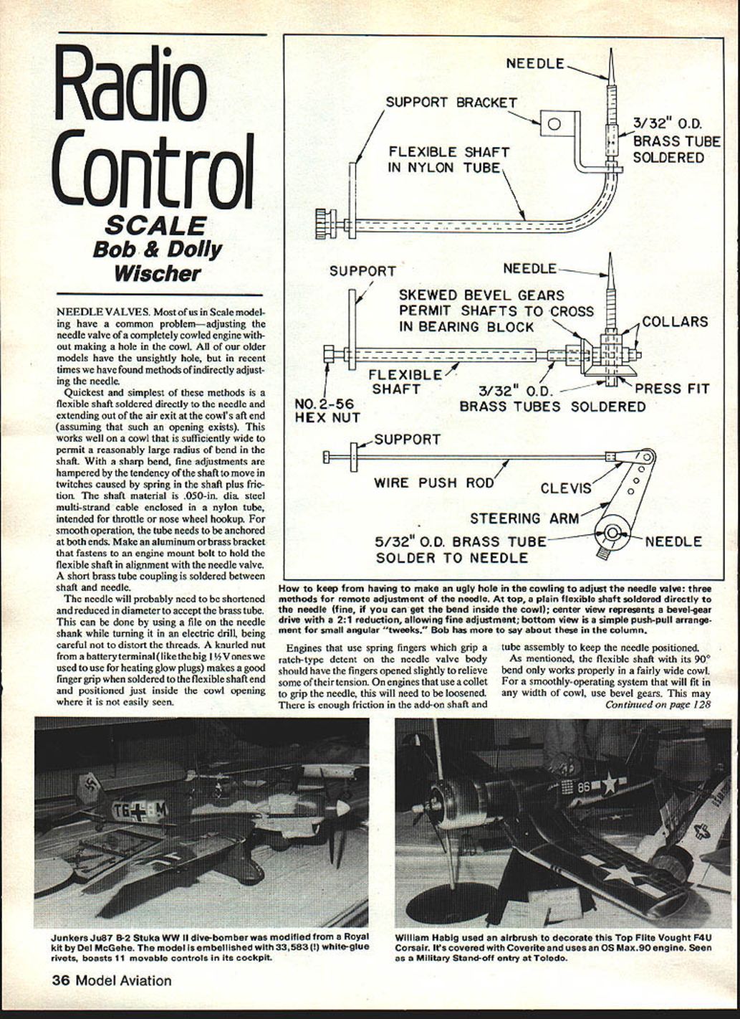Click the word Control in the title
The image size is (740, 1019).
[155, 169]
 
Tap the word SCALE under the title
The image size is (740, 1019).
[155, 225]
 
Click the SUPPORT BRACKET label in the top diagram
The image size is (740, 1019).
[451, 102]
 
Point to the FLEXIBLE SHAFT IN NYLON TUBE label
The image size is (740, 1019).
[449, 160]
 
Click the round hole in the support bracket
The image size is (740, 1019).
[553, 123]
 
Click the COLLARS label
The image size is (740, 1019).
[675, 321]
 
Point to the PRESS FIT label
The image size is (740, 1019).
[672, 389]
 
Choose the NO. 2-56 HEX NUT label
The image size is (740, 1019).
[327, 410]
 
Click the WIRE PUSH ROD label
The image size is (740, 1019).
[434, 483]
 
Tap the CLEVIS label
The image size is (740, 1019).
[566, 488]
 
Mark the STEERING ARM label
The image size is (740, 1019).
[525, 518]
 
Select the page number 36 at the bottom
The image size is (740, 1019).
[60, 980]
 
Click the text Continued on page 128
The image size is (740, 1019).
[658, 705]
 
